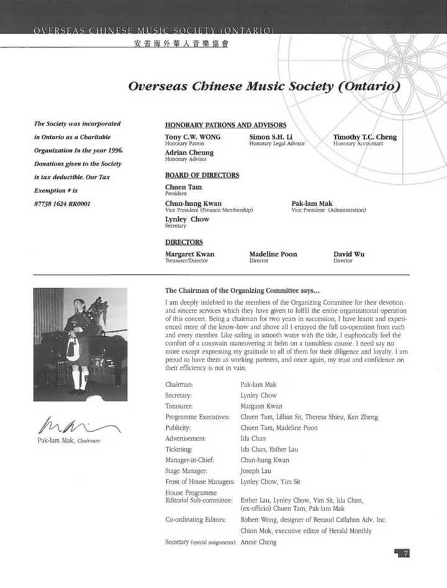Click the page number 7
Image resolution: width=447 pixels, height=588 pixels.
coord(405,553)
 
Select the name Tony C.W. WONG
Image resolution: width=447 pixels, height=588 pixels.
coord(192,137)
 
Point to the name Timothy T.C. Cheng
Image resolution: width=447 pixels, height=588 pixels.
coord(364,137)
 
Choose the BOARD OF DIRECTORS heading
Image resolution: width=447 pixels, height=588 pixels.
coord(202,175)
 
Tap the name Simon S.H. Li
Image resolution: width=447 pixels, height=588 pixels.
coord(275,137)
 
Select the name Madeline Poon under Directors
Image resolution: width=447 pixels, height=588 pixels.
coord(273,254)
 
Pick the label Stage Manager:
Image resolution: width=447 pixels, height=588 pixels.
coord(186,471)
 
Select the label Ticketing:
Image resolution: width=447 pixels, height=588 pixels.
coord(179,449)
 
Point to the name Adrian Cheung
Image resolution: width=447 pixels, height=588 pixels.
coord(189,153)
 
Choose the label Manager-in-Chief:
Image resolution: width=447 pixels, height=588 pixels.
coord(189,460)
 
